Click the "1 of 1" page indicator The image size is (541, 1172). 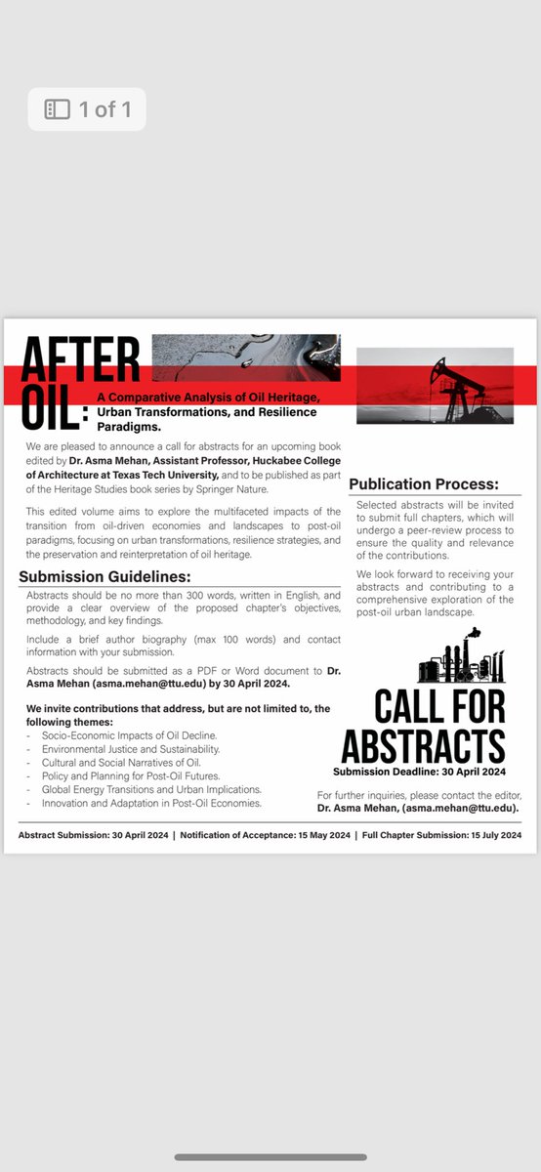[88, 109]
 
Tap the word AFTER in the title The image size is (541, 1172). [81, 359]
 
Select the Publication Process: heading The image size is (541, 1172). [423, 484]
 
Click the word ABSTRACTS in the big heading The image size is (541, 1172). [423, 746]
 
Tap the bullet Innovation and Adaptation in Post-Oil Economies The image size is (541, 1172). [150, 803]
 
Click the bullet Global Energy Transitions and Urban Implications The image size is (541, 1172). [150, 789]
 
